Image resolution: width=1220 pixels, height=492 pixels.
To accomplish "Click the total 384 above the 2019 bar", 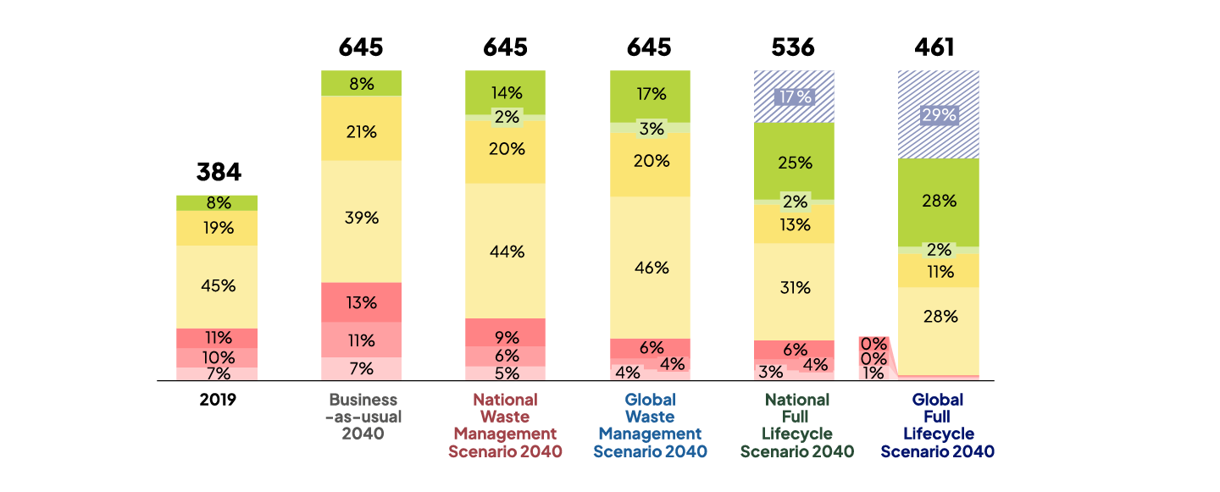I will (x=219, y=173).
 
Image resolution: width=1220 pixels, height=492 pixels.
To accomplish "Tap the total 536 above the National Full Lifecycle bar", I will (x=794, y=47).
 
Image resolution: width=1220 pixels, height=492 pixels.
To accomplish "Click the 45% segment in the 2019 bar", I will (x=218, y=286).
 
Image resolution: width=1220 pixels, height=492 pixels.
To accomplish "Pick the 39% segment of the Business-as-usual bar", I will (x=361, y=218).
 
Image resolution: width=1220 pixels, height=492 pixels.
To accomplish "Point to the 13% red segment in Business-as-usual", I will (x=361, y=302).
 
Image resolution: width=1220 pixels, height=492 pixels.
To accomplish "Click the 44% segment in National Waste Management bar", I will (x=506, y=252).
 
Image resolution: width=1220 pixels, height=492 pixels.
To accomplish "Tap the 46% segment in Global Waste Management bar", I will (x=651, y=268).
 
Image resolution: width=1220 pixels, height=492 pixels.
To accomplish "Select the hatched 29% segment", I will (x=939, y=115).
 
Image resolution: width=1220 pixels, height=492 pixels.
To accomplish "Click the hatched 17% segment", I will (x=794, y=97).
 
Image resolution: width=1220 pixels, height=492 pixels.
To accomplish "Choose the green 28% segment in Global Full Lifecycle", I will (x=939, y=202).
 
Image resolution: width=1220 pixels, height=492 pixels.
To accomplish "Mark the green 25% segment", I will (x=794, y=162).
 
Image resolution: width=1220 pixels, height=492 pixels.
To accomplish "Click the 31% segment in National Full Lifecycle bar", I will (x=794, y=288).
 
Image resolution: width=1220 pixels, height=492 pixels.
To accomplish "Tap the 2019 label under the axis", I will (x=218, y=400).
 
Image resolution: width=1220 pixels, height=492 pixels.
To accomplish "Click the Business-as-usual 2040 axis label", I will (x=363, y=417).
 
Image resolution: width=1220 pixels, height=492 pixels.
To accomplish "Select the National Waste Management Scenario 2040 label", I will (x=506, y=425).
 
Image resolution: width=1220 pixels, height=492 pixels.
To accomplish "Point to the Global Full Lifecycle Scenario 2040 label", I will (x=937, y=425).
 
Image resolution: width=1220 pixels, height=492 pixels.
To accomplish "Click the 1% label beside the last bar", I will (x=873, y=373).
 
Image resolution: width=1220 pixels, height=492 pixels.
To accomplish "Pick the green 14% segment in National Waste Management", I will (x=506, y=92).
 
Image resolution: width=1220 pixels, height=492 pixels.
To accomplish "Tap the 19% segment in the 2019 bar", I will (x=218, y=227).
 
